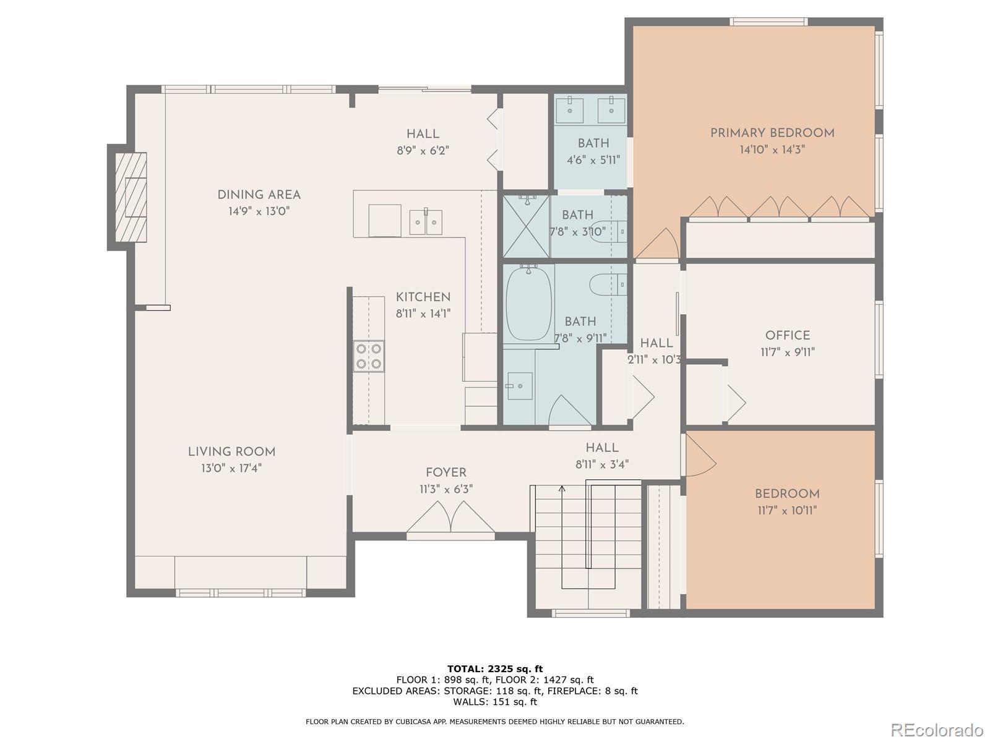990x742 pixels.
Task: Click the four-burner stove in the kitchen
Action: coord(369,356)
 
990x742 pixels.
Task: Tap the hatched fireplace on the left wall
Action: coord(131,197)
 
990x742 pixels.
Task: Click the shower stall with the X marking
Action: coord(526,226)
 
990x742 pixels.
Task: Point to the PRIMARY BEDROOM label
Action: coord(772,133)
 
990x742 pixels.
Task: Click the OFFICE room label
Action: coord(788,335)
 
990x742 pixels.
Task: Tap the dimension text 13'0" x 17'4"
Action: coord(231,469)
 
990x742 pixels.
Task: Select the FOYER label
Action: coord(446,472)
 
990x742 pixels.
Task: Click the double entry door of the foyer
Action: coord(450,518)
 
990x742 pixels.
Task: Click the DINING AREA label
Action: coord(259,195)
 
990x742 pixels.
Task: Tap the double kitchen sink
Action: coord(425,221)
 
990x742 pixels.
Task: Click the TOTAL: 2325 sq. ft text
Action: coord(495,668)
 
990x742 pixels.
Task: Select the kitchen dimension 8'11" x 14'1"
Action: coord(423,313)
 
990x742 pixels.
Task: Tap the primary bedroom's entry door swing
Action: coord(657,244)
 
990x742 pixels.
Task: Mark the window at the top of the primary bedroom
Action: coord(768,22)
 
